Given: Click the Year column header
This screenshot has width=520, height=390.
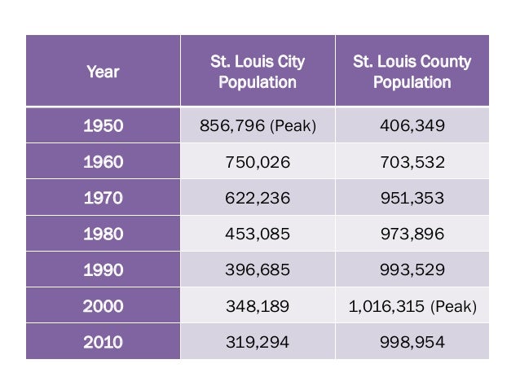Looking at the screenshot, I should point(103,72).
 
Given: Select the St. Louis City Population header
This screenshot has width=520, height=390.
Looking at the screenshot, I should point(258,72).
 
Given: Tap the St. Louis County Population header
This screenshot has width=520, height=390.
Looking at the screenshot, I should point(412,72).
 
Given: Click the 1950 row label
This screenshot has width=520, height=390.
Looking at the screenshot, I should point(103,126).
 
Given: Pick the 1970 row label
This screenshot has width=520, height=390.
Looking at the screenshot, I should point(103,198).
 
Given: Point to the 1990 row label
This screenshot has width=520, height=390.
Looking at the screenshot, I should point(103,269).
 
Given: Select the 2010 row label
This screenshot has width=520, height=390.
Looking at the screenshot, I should point(103,342).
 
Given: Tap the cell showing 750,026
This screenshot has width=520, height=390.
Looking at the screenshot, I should point(258,162).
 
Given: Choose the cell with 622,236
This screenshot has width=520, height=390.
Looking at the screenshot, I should point(258,198).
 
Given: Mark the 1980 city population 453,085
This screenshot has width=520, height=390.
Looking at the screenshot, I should point(258,234).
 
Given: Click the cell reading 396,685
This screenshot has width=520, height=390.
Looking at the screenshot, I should point(258,269).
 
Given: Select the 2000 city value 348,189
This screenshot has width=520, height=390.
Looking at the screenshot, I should point(258,306).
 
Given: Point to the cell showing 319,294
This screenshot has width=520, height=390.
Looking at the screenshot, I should point(258,342).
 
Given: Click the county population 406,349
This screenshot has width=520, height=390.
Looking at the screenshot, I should point(412,126).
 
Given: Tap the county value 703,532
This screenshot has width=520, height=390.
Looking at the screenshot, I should point(412,162).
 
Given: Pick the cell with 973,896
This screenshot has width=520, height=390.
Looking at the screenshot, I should point(412,234).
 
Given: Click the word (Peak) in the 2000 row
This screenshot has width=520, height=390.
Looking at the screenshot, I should point(454,306).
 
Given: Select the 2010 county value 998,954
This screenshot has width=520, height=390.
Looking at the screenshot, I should point(412,342).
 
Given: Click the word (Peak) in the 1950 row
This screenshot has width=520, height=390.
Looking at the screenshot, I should point(293,126).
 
